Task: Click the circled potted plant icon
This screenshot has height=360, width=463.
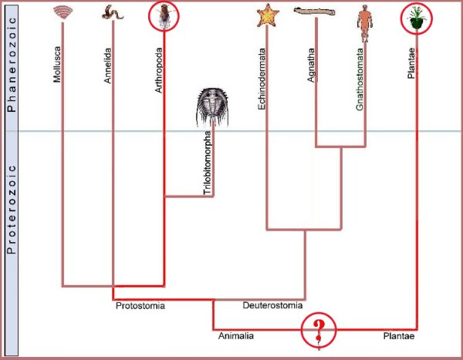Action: (417, 18)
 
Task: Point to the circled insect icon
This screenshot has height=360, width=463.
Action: (164, 16)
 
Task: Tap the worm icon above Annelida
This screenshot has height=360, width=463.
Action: (113, 12)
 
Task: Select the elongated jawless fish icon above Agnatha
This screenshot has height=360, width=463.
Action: (314, 12)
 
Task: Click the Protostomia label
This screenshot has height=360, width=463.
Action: (140, 306)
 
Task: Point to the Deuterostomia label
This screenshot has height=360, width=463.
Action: (272, 306)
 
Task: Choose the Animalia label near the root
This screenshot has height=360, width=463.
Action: (236, 336)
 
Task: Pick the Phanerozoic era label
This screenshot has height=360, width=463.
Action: (12, 67)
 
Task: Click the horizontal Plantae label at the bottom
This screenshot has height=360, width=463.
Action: (400, 336)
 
